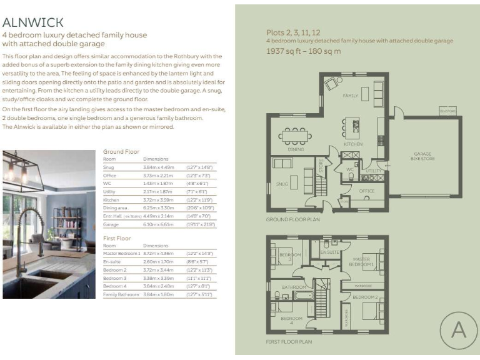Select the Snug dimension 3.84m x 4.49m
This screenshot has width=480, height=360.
click(x=157, y=167)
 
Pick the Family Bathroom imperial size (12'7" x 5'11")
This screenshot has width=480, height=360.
click(x=201, y=294)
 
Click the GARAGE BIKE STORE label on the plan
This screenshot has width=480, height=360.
click(x=422, y=156)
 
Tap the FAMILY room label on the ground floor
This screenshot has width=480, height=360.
click(x=350, y=96)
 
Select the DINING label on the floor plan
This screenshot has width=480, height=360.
click(x=296, y=149)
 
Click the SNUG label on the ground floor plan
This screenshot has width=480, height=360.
click(x=281, y=185)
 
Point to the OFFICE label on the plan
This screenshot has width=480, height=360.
click(x=367, y=191)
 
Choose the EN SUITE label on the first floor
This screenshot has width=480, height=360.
click(x=329, y=252)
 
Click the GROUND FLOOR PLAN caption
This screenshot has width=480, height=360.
click(x=292, y=220)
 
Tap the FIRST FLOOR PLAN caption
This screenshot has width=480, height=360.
click(x=289, y=342)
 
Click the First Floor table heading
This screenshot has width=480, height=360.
click(x=117, y=238)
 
